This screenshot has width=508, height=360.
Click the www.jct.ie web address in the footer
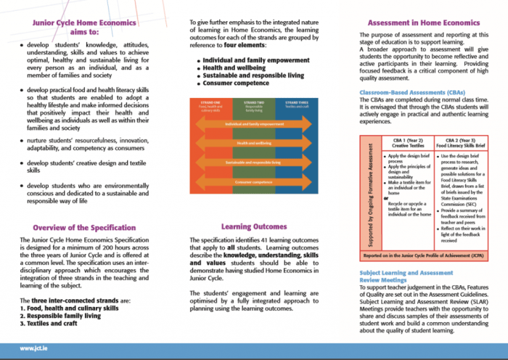(34, 348)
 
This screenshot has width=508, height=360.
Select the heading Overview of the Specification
(84, 228)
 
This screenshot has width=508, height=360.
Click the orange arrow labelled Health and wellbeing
(250, 144)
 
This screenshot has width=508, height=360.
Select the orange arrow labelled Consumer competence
(251, 181)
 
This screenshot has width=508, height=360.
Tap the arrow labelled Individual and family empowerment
(251, 125)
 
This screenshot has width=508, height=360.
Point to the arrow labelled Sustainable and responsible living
(251, 163)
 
